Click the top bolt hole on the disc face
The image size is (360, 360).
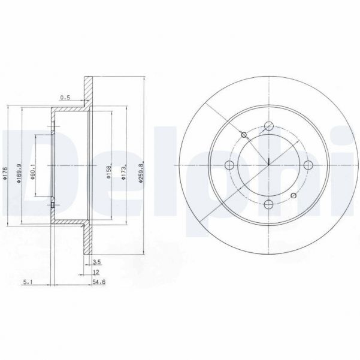269,126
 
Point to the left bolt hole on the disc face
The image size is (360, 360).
229,166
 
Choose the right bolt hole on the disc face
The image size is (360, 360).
308,166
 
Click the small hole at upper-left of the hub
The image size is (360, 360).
243,134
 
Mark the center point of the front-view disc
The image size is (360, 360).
269,166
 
